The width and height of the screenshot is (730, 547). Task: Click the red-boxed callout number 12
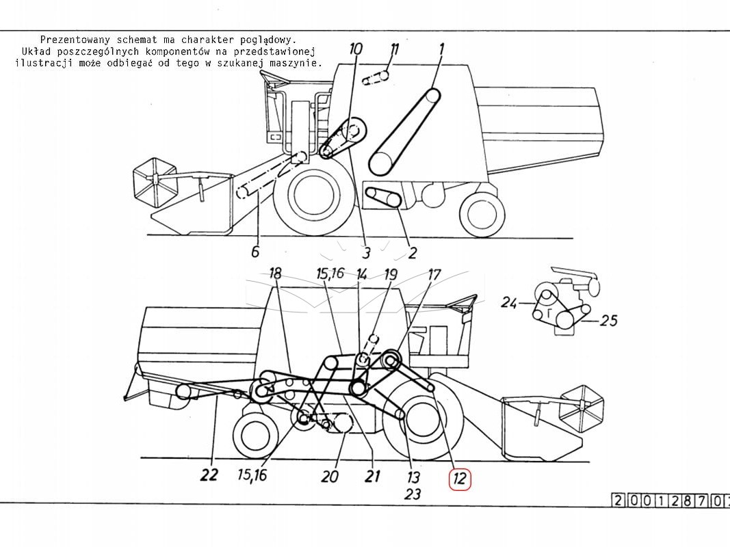[460, 479]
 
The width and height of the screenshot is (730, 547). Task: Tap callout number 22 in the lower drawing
[209, 475]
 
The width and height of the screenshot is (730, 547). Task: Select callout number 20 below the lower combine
[330, 477]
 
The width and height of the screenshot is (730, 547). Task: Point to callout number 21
[372, 476]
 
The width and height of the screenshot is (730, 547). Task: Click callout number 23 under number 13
[412, 494]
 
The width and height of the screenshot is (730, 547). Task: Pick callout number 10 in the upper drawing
[355, 49]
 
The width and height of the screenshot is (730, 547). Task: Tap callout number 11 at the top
[394, 49]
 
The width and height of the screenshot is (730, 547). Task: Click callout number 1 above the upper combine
[441, 49]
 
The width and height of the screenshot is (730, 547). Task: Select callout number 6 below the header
[255, 252]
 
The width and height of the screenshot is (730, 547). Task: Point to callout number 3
[367, 252]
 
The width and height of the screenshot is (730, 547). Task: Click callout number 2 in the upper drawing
[412, 252]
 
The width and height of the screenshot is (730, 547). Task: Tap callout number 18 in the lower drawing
[275, 273]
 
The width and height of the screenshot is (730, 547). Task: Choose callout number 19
[390, 274]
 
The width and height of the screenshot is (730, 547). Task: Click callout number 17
[434, 274]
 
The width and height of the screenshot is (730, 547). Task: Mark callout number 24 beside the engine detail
[509, 304]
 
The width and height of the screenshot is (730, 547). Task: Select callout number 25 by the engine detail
[609, 321]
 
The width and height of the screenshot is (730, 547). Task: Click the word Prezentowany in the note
[75, 40]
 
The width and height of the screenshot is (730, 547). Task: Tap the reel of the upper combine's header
[155, 183]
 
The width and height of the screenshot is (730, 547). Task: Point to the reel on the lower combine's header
[582, 408]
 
